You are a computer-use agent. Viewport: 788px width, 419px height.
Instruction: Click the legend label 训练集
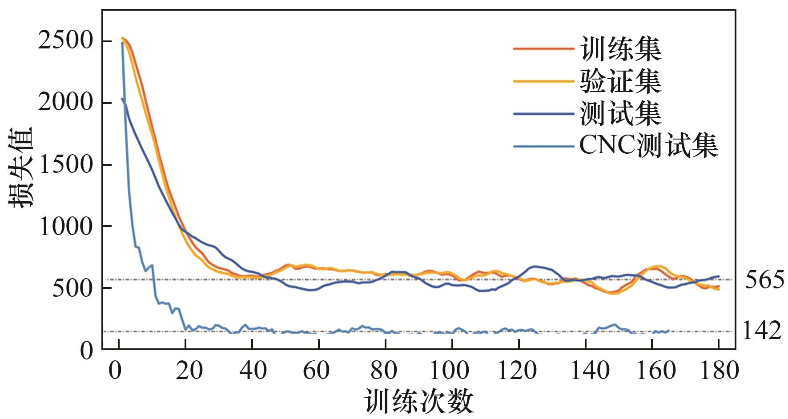pos(621,48)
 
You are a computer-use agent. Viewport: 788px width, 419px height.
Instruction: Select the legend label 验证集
pos(621,81)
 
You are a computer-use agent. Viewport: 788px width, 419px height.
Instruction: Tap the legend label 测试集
pos(621,113)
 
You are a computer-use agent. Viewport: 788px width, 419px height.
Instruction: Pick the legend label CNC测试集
pos(649,145)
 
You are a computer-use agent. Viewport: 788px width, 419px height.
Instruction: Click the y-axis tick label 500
pos(72,288)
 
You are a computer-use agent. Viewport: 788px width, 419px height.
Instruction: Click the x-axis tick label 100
pos(452,371)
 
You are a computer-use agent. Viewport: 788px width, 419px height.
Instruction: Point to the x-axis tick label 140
pos(585,371)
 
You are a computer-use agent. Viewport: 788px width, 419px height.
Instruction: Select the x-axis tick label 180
pos(718,371)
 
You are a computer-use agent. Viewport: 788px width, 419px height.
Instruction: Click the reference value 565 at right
pos(764,280)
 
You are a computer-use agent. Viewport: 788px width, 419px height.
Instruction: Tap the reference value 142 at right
pos(762,331)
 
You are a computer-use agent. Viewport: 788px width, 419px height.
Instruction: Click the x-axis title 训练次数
pos(419,401)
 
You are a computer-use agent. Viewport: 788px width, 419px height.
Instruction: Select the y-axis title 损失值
pos(21,168)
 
